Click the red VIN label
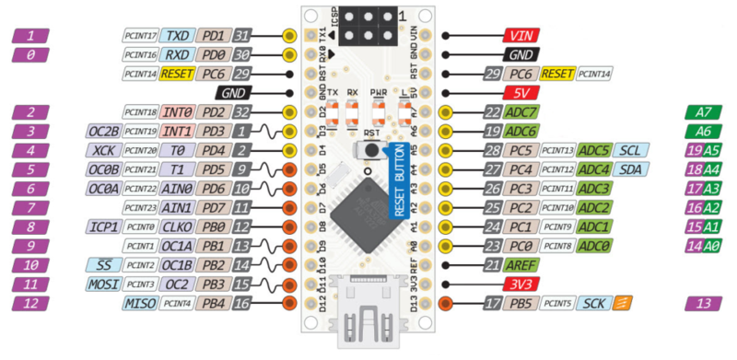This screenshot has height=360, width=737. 521,36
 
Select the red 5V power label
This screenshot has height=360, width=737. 521,93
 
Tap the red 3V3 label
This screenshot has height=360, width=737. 521,285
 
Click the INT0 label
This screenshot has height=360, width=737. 177,112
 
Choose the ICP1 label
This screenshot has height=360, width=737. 101,226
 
